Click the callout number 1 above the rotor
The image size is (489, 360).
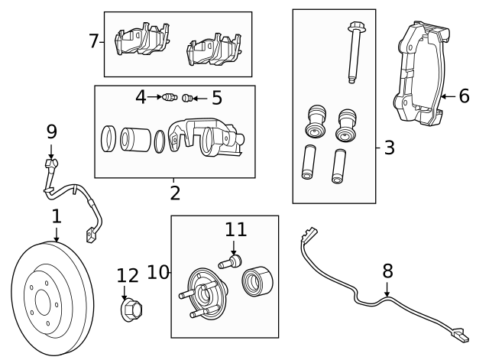[56, 217]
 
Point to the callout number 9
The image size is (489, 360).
[51, 131]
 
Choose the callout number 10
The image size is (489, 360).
[157, 271]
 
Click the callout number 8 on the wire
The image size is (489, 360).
[387, 271]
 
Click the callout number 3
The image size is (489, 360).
[389, 147]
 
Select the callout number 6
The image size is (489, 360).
[464, 96]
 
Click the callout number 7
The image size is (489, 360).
[93, 41]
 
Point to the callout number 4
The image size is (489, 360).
[141, 97]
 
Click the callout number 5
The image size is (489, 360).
[216, 97]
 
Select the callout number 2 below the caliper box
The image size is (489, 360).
[175, 193]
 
